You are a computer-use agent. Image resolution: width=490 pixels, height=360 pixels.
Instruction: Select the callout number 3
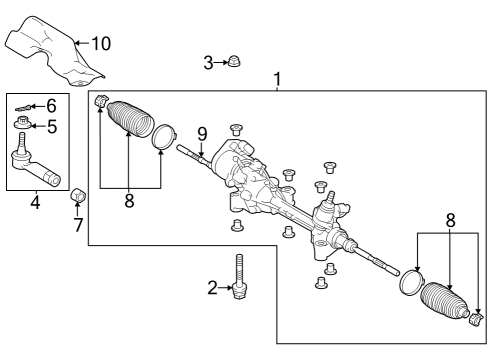[x=208, y=63]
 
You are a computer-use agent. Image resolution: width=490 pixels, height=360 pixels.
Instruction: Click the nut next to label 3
[x=233, y=62]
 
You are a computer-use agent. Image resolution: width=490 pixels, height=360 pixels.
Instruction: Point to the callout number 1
[x=277, y=79]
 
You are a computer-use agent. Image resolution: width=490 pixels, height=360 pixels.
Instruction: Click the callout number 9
[x=200, y=133]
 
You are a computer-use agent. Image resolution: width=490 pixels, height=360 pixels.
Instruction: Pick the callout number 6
[x=52, y=105]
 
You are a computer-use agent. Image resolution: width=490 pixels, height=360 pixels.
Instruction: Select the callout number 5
[x=52, y=126]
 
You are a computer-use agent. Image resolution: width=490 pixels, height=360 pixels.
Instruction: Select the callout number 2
[x=212, y=288]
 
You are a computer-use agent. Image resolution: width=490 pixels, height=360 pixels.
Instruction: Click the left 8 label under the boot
[x=129, y=201]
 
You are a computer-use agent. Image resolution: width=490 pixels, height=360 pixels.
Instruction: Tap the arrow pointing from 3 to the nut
[x=220, y=63]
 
